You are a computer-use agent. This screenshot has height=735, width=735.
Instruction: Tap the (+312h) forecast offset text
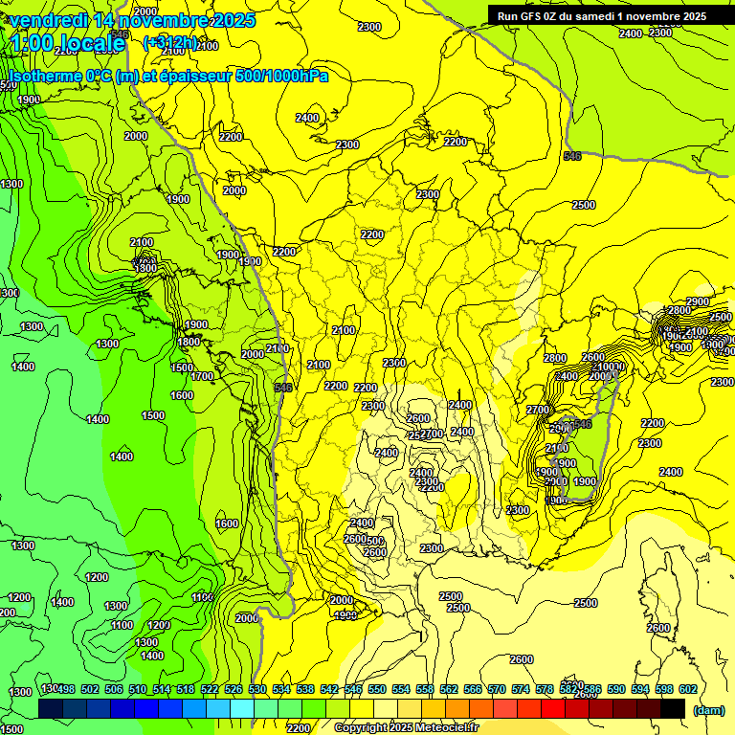[169, 42]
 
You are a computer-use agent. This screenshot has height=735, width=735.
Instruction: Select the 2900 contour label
[697, 302]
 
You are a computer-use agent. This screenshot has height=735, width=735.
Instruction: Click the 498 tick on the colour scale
[65, 690]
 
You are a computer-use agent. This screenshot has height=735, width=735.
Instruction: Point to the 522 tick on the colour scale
[210, 690]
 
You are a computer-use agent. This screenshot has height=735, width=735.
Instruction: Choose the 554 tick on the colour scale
[401, 690]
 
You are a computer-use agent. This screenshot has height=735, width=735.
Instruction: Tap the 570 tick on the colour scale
[497, 690]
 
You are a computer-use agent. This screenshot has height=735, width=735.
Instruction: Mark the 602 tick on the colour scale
[688, 690]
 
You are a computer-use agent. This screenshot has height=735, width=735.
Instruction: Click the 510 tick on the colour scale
[138, 690]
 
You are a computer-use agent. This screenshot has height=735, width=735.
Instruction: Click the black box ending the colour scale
[673, 708]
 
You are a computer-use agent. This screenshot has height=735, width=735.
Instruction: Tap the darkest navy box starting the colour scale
[51, 708]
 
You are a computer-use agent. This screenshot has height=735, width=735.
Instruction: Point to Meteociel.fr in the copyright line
[440, 728]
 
